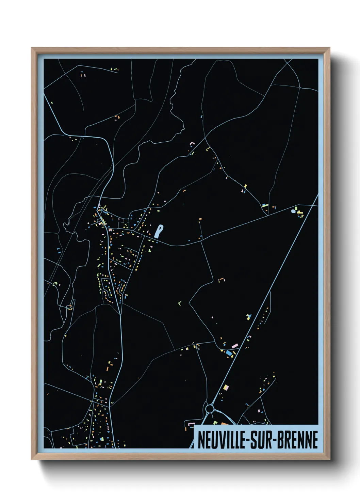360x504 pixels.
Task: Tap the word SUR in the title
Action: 261,440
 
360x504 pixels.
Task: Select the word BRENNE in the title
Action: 297,440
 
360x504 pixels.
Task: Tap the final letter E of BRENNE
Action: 315,440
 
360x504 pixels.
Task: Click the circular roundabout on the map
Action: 210,408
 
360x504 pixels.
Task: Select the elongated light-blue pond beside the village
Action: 159,231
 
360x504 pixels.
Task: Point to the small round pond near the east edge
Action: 293,211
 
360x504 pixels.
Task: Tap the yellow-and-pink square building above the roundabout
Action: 226,387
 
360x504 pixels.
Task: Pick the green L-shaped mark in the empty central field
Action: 180,303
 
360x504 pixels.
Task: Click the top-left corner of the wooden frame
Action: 32,48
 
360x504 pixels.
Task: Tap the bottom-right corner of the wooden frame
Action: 329,459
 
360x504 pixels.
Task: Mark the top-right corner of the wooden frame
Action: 329,48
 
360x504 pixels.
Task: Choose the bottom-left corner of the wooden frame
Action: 32,459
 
